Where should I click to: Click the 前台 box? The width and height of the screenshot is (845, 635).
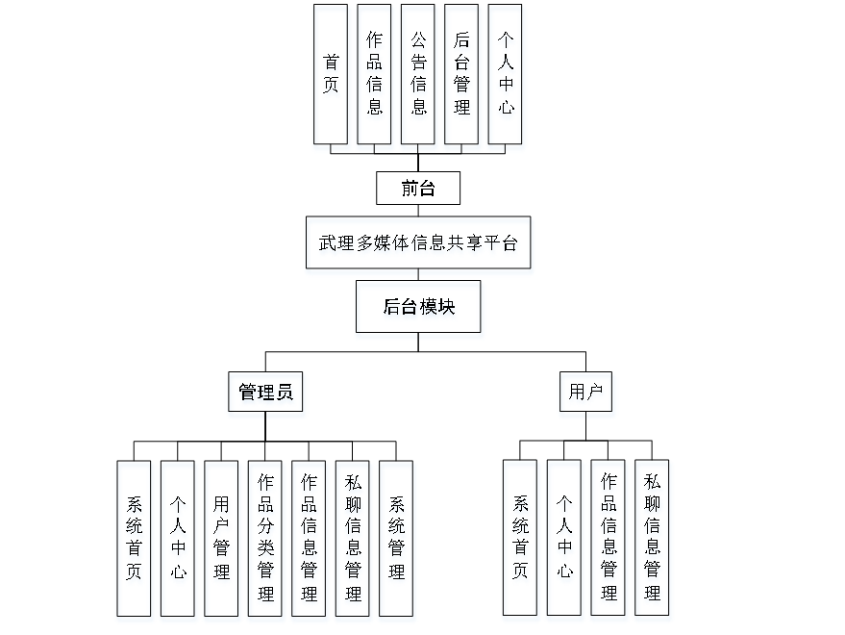tap(417, 188)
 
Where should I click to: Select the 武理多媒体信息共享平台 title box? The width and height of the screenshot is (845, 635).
tap(418, 242)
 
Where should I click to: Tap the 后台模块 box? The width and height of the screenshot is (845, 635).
tap(418, 307)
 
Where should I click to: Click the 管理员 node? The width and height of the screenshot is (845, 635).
tap(265, 393)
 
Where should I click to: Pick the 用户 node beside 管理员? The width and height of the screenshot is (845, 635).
tap(585, 392)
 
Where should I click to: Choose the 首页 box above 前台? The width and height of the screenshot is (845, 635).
tap(330, 74)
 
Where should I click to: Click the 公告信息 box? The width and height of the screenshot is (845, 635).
tap(418, 74)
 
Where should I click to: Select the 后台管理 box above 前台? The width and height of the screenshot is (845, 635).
tap(461, 74)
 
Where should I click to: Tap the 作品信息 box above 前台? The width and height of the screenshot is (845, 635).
tap(374, 74)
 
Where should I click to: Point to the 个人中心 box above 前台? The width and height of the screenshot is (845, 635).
tap(506, 74)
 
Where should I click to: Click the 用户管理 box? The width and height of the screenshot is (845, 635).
tap(221, 538)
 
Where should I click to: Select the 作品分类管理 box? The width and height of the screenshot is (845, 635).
tap(265, 538)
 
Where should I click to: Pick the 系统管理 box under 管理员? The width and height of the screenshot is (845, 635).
tap(396, 538)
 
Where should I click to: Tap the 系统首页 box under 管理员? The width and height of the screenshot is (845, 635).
tap(134, 538)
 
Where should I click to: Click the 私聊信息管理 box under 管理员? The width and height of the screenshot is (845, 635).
tap(353, 538)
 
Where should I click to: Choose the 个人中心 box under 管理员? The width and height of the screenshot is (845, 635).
tap(178, 538)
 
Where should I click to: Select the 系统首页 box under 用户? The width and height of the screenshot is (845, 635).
tap(520, 537)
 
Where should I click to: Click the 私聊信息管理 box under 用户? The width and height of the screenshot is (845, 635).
tap(652, 537)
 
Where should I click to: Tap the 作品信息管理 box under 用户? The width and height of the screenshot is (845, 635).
tap(608, 537)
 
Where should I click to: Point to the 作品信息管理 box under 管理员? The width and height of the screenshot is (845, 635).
tap(309, 538)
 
